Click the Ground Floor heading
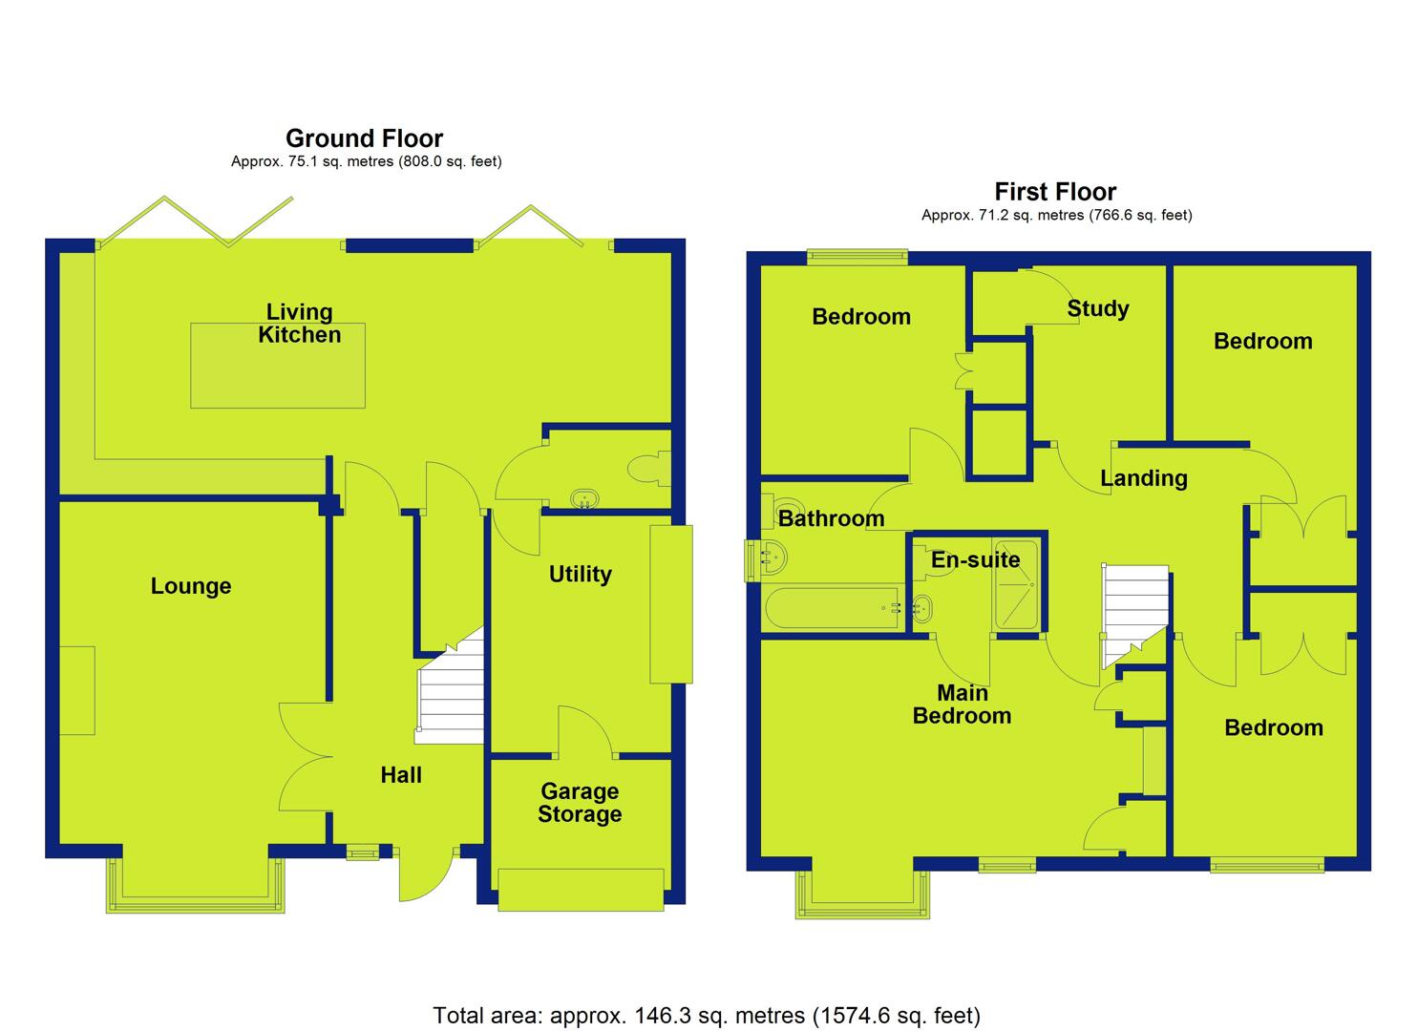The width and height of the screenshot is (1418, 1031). pos(364,138)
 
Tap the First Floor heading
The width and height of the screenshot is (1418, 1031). pos(1055,191)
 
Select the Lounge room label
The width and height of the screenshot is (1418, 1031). pos(191,586)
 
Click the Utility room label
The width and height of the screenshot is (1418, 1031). pos(580,574)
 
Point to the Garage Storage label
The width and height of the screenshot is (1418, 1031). pos(580,803)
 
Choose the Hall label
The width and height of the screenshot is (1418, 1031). pos(401,774)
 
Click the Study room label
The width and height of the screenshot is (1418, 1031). pos(1098,309)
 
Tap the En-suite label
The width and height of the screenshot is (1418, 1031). pos(976,559)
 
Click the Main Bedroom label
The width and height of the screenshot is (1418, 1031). pos(962,705)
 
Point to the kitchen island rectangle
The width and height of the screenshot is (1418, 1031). pos(278,366)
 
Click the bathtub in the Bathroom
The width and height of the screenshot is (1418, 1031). pos(834,608)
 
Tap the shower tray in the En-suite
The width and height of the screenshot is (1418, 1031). pos(1017,584)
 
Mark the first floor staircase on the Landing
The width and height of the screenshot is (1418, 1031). pos(1134,615)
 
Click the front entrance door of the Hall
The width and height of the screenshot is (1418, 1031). pos(426,873)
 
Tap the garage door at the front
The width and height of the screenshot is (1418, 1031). pos(582,890)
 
